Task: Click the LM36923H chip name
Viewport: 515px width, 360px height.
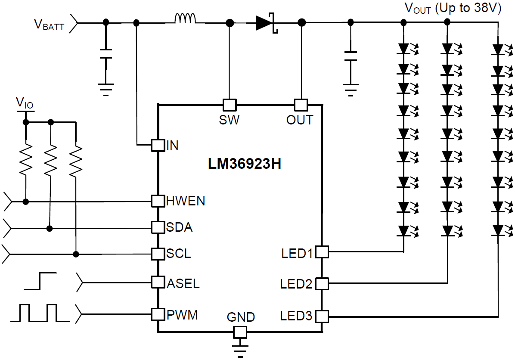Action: (x=245, y=164)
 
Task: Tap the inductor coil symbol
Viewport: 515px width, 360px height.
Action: (x=185, y=19)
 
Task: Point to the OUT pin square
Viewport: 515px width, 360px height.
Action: (x=301, y=105)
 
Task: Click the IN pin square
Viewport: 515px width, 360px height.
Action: (x=158, y=145)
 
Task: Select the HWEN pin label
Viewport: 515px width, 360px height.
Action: (x=186, y=201)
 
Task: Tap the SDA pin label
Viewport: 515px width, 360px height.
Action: (x=179, y=227)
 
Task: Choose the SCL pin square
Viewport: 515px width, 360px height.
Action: (x=158, y=254)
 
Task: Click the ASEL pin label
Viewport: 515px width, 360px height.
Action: (x=183, y=284)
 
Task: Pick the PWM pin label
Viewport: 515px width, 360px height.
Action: (x=182, y=315)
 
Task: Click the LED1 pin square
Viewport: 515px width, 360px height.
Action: (x=322, y=252)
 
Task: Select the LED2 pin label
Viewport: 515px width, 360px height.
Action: (x=296, y=284)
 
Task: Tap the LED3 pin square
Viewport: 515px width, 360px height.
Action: (x=322, y=317)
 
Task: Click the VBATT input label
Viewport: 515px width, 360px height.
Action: (x=49, y=25)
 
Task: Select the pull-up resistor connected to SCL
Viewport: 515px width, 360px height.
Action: (x=76, y=161)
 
